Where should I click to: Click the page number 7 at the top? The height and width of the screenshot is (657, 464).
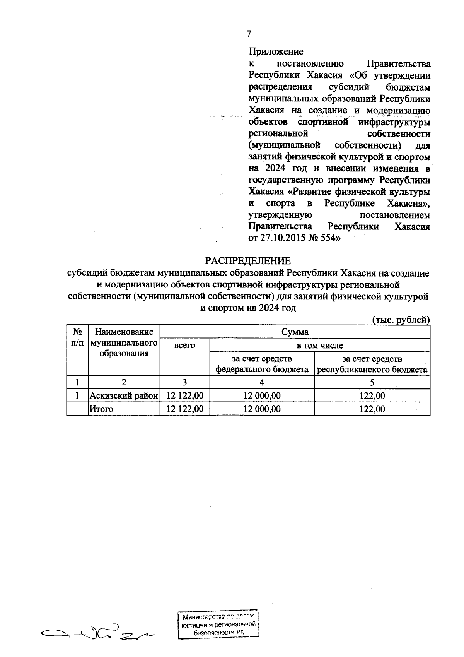[249, 34]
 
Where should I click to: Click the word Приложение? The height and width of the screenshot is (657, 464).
[276, 51]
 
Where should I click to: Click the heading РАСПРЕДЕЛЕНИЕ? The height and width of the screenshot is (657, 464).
[247, 260]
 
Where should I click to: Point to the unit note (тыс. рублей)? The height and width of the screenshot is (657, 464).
[401, 320]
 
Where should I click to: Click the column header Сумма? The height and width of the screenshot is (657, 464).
[295, 332]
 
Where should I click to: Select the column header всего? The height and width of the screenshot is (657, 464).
[185, 345]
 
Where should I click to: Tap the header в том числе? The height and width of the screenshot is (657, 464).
[319, 345]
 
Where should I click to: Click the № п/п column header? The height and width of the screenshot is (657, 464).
[77, 337]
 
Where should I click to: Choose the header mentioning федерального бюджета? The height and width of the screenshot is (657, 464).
[262, 364]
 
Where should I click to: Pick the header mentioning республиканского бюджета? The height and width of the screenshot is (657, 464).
[372, 364]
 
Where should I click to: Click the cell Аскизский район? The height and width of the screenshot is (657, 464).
[124, 395]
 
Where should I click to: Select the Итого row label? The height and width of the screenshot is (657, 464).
[101, 409]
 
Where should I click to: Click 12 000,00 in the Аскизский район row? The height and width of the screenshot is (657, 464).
[262, 395]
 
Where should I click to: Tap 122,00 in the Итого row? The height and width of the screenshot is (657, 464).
[372, 409]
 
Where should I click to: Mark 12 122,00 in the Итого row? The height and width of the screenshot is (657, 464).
[185, 409]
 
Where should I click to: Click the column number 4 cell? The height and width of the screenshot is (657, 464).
[262, 382]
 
